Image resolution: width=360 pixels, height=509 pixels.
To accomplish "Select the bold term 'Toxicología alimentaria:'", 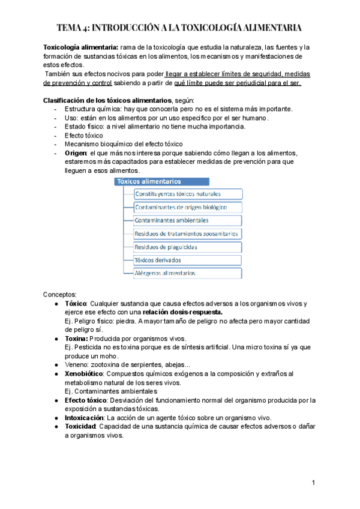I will (x=80, y=47).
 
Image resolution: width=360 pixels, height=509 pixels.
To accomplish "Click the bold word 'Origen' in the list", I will (x=76, y=153).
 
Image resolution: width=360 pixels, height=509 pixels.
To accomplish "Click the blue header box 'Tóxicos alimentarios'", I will (x=161, y=181).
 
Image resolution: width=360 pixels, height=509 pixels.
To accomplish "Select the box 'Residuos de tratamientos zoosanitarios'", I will (x=188, y=233).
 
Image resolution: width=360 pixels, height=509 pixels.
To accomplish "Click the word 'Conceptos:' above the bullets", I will (x=60, y=295).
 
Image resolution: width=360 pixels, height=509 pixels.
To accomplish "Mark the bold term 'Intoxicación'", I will (x=84, y=417).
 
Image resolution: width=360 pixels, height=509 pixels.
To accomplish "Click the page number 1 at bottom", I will (x=313, y=483).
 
